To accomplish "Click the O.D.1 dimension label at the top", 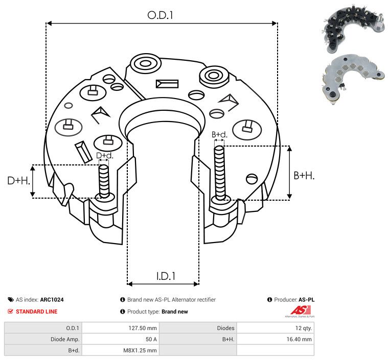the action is [x=160, y=15].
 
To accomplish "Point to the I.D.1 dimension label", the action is [x=166, y=276].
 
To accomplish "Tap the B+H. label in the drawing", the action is [x=304, y=176].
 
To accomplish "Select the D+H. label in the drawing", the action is [x=18, y=181].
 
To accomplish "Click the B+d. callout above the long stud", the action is [x=219, y=135].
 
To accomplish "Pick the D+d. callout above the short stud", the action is [x=105, y=156].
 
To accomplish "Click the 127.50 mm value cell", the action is [x=143, y=328].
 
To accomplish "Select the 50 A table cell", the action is [x=151, y=339].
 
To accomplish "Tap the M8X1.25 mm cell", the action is [x=140, y=350].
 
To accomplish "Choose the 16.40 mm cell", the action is [x=299, y=339].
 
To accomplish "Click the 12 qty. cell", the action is [x=304, y=328].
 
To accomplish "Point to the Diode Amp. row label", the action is [x=65, y=339].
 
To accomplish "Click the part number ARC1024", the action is [x=52, y=300].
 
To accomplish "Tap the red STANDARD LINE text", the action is [x=37, y=311].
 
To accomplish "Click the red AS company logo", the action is [x=301, y=310].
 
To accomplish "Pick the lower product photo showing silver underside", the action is [x=353, y=79].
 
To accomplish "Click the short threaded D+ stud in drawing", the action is [x=104, y=181].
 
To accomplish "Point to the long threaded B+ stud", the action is [x=219, y=173].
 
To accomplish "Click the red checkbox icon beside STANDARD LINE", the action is [x=10, y=311].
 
